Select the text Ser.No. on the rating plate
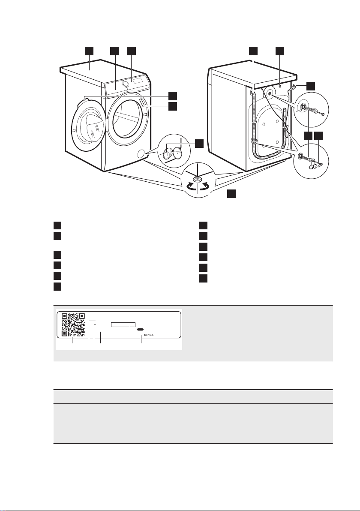tap(148, 336)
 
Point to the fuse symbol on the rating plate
tap(140, 329)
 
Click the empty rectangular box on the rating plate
tap(123, 325)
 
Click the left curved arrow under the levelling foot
tap(188, 187)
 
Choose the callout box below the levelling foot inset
tap(231, 194)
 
